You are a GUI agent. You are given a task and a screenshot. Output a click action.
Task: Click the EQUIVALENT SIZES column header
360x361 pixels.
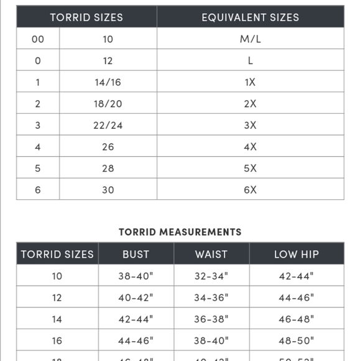250,17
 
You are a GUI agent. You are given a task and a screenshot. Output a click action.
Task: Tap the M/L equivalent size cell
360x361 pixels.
250,39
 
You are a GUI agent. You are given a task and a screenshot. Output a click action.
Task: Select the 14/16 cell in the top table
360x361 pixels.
108,82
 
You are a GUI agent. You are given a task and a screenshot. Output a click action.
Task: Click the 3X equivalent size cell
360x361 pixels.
250,125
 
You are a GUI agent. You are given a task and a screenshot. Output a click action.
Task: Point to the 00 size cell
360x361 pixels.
38,39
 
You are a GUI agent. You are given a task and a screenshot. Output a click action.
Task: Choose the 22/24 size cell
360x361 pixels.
108,125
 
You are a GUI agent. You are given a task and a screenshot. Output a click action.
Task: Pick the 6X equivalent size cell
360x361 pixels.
250,190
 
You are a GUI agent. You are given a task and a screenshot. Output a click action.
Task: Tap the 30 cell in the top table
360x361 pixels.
108,190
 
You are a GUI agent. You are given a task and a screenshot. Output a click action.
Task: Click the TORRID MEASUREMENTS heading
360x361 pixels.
180,232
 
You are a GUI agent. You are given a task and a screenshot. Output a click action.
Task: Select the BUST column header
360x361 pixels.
136,254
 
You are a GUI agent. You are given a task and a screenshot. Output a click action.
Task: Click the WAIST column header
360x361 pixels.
211,254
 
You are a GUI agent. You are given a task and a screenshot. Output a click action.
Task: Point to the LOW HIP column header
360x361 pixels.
296,254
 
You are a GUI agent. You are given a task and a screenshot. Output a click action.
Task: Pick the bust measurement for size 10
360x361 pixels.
136,276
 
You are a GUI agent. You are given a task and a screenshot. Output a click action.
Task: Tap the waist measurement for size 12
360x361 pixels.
211,298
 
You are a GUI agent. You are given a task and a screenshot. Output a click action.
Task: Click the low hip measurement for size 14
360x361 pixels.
296,319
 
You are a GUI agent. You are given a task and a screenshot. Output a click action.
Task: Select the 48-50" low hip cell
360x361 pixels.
296,340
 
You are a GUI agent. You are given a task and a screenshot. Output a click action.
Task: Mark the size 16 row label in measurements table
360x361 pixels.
57,340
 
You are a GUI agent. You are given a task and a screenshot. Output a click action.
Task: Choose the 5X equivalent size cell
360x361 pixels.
250,168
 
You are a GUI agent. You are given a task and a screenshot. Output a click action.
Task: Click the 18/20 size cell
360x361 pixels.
108,104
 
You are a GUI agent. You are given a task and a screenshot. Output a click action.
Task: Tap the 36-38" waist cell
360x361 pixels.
211,319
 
